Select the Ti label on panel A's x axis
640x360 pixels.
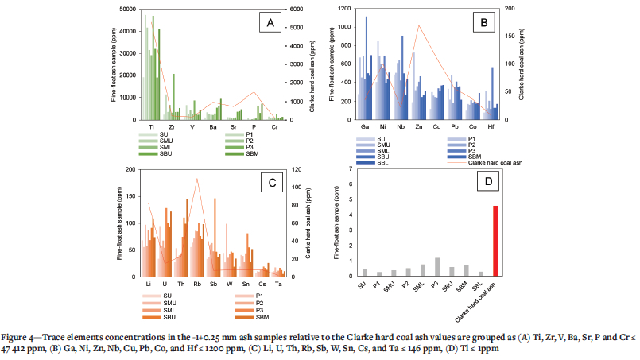pyautogui.click(x=151, y=126)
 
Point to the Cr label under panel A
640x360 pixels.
pyautogui.click(x=274, y=126)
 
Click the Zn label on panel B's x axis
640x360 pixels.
pyautogui.click(x=418, y=126)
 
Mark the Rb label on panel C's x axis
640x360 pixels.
pyautogui.click(x=196, y=284)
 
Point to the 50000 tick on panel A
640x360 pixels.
pyautogui.click(x=125, y=9)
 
